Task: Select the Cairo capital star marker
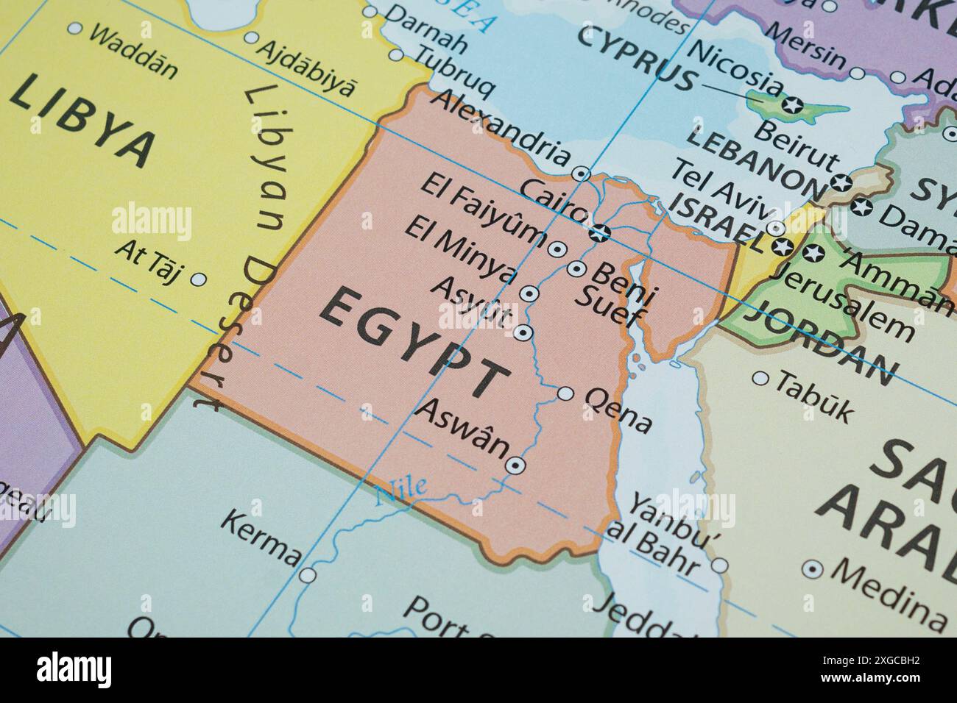tap(601, 233)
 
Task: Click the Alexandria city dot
tap(582, 174)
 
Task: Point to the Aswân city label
tap(462, 427)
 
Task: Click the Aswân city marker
tap(515, 465)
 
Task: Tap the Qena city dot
tap(565, 393)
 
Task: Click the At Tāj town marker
tap(198, 279)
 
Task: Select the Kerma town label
tap(261, 537)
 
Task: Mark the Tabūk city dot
tap(760, 379)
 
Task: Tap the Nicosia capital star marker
tap(794, 104)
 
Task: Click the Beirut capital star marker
tap(840, 182)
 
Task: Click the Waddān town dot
tap(74, 29)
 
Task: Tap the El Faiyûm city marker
tap(557, 249)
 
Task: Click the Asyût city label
tap(470, 301)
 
